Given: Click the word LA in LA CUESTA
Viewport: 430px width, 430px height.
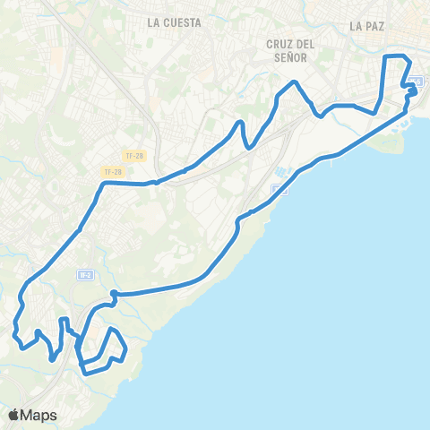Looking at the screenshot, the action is click(x=154, y=24).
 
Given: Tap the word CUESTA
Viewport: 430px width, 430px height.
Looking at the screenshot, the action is click(x=180, y=24).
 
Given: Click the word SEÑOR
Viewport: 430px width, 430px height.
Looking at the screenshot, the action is click(x=290, y=56).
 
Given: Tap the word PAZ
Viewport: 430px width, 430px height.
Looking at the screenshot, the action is click(x=374, y=26).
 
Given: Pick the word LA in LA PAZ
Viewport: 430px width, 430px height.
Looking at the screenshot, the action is click(x=356, y=26).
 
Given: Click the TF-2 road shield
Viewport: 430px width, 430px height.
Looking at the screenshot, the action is click(x=85, y=274).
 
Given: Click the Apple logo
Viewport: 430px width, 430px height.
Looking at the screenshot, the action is click(x=14, y=415).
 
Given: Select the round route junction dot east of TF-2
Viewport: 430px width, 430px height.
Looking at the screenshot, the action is click(x=114, y=294).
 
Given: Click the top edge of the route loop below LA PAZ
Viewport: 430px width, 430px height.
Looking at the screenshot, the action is click(x=396, y=56).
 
